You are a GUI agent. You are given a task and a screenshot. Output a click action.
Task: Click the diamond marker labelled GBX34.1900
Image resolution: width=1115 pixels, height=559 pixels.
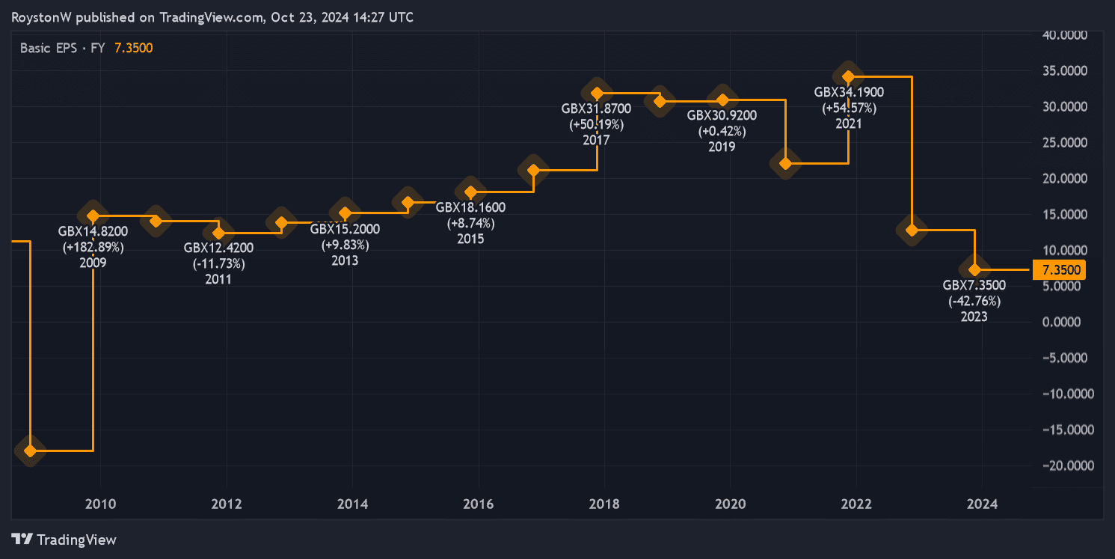tap(848, 76)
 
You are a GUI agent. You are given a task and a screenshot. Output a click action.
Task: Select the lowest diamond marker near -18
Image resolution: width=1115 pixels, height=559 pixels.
tap(30, 450)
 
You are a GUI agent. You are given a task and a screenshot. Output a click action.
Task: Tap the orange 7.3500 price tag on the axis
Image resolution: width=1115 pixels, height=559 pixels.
tap(1057, 269)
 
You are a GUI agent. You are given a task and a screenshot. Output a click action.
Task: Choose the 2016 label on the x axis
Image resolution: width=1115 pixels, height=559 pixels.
tap(478, 504)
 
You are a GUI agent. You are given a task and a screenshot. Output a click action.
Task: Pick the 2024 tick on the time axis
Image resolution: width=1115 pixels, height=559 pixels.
tap(982, 504)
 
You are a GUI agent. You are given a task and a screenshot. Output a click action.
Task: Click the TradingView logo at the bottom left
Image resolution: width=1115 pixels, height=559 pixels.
tap(65, 540)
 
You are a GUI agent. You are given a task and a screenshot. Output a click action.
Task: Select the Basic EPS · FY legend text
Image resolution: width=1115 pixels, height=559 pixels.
tap(63, 48)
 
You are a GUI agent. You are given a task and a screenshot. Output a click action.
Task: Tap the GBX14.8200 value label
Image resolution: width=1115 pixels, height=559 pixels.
tap(93, 230)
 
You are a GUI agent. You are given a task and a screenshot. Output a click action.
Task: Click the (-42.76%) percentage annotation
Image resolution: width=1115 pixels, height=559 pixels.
tap(974, 301)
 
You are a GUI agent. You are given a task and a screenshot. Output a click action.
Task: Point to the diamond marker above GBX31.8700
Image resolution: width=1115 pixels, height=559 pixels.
tap(597, 94)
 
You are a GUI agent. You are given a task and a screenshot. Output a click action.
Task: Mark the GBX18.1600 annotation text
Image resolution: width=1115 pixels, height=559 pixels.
tap(470, 207)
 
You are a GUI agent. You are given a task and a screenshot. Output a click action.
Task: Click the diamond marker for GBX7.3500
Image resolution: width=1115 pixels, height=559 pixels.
tap(974, 269)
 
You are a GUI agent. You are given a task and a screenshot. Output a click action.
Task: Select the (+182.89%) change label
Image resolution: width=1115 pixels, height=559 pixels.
tap(93, 246)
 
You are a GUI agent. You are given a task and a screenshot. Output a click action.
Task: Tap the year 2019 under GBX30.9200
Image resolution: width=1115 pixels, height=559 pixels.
tap(722, 147)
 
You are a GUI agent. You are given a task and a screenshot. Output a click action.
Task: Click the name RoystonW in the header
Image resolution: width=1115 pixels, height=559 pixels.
tap(42, 16)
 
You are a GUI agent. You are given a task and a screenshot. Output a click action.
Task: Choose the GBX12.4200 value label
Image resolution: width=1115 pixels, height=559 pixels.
tap(218, 248)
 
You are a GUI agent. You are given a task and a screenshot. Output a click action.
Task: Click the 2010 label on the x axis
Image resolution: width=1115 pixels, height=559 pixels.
tap(100, 504)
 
